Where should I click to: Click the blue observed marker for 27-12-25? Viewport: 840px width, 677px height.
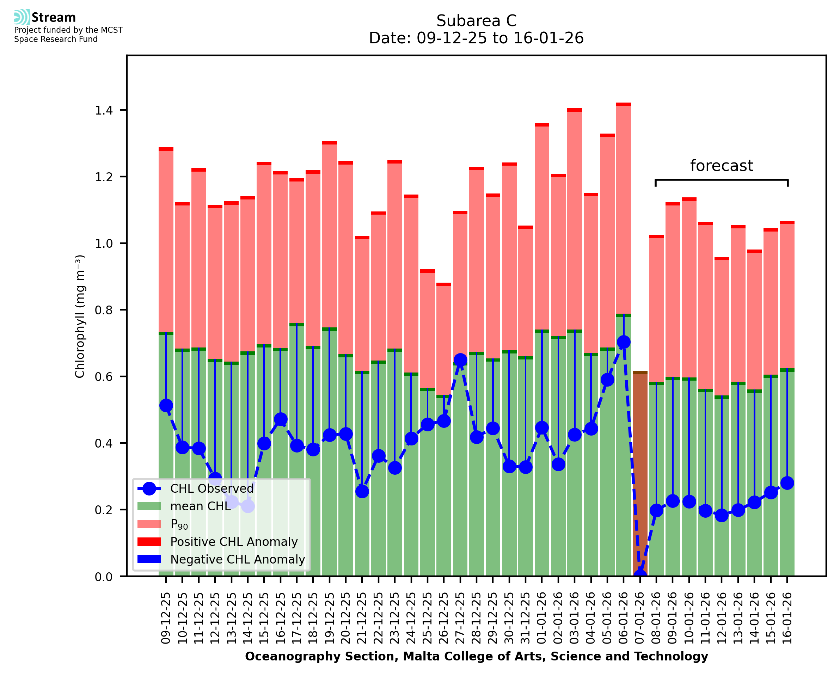pos(460,359)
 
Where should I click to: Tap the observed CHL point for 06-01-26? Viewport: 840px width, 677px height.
pos(624,342)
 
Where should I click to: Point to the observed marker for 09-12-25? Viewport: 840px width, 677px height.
pos(166,406)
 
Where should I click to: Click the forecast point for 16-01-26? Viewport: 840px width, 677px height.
pos(787,483)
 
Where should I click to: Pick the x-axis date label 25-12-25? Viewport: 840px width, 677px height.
pos(428,618)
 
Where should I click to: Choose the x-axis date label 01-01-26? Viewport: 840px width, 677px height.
pos(542,618)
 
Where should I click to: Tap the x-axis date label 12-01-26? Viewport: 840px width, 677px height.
pos(722,618)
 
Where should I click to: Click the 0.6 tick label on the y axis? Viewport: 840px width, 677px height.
pos(104,377)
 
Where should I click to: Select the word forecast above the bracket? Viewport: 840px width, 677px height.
pos(722,166)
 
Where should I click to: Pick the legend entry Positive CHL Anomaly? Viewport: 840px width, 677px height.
pos(234,542)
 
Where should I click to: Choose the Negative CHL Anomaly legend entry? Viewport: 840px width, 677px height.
pos(238,559)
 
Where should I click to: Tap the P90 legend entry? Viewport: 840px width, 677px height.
pos(179,524)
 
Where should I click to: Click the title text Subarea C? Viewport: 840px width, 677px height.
pos(476,21)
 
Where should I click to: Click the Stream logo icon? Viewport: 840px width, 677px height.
pos(22,17)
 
